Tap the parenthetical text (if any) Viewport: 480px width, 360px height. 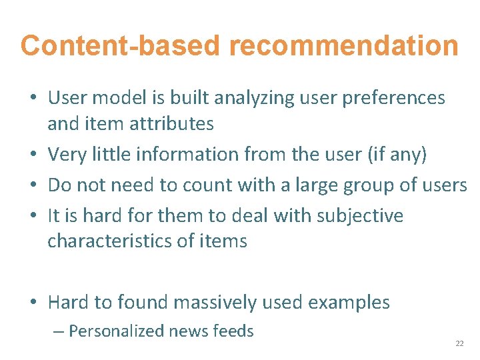(x=397, y=154)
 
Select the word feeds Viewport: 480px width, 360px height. (x=233, y=331)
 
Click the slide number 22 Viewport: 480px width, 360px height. (x=459, y=343)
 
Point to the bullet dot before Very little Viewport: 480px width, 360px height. (x=33, y=155)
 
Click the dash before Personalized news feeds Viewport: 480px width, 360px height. (x=59, y=331)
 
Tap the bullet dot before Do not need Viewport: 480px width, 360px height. (x=33, y=186)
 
